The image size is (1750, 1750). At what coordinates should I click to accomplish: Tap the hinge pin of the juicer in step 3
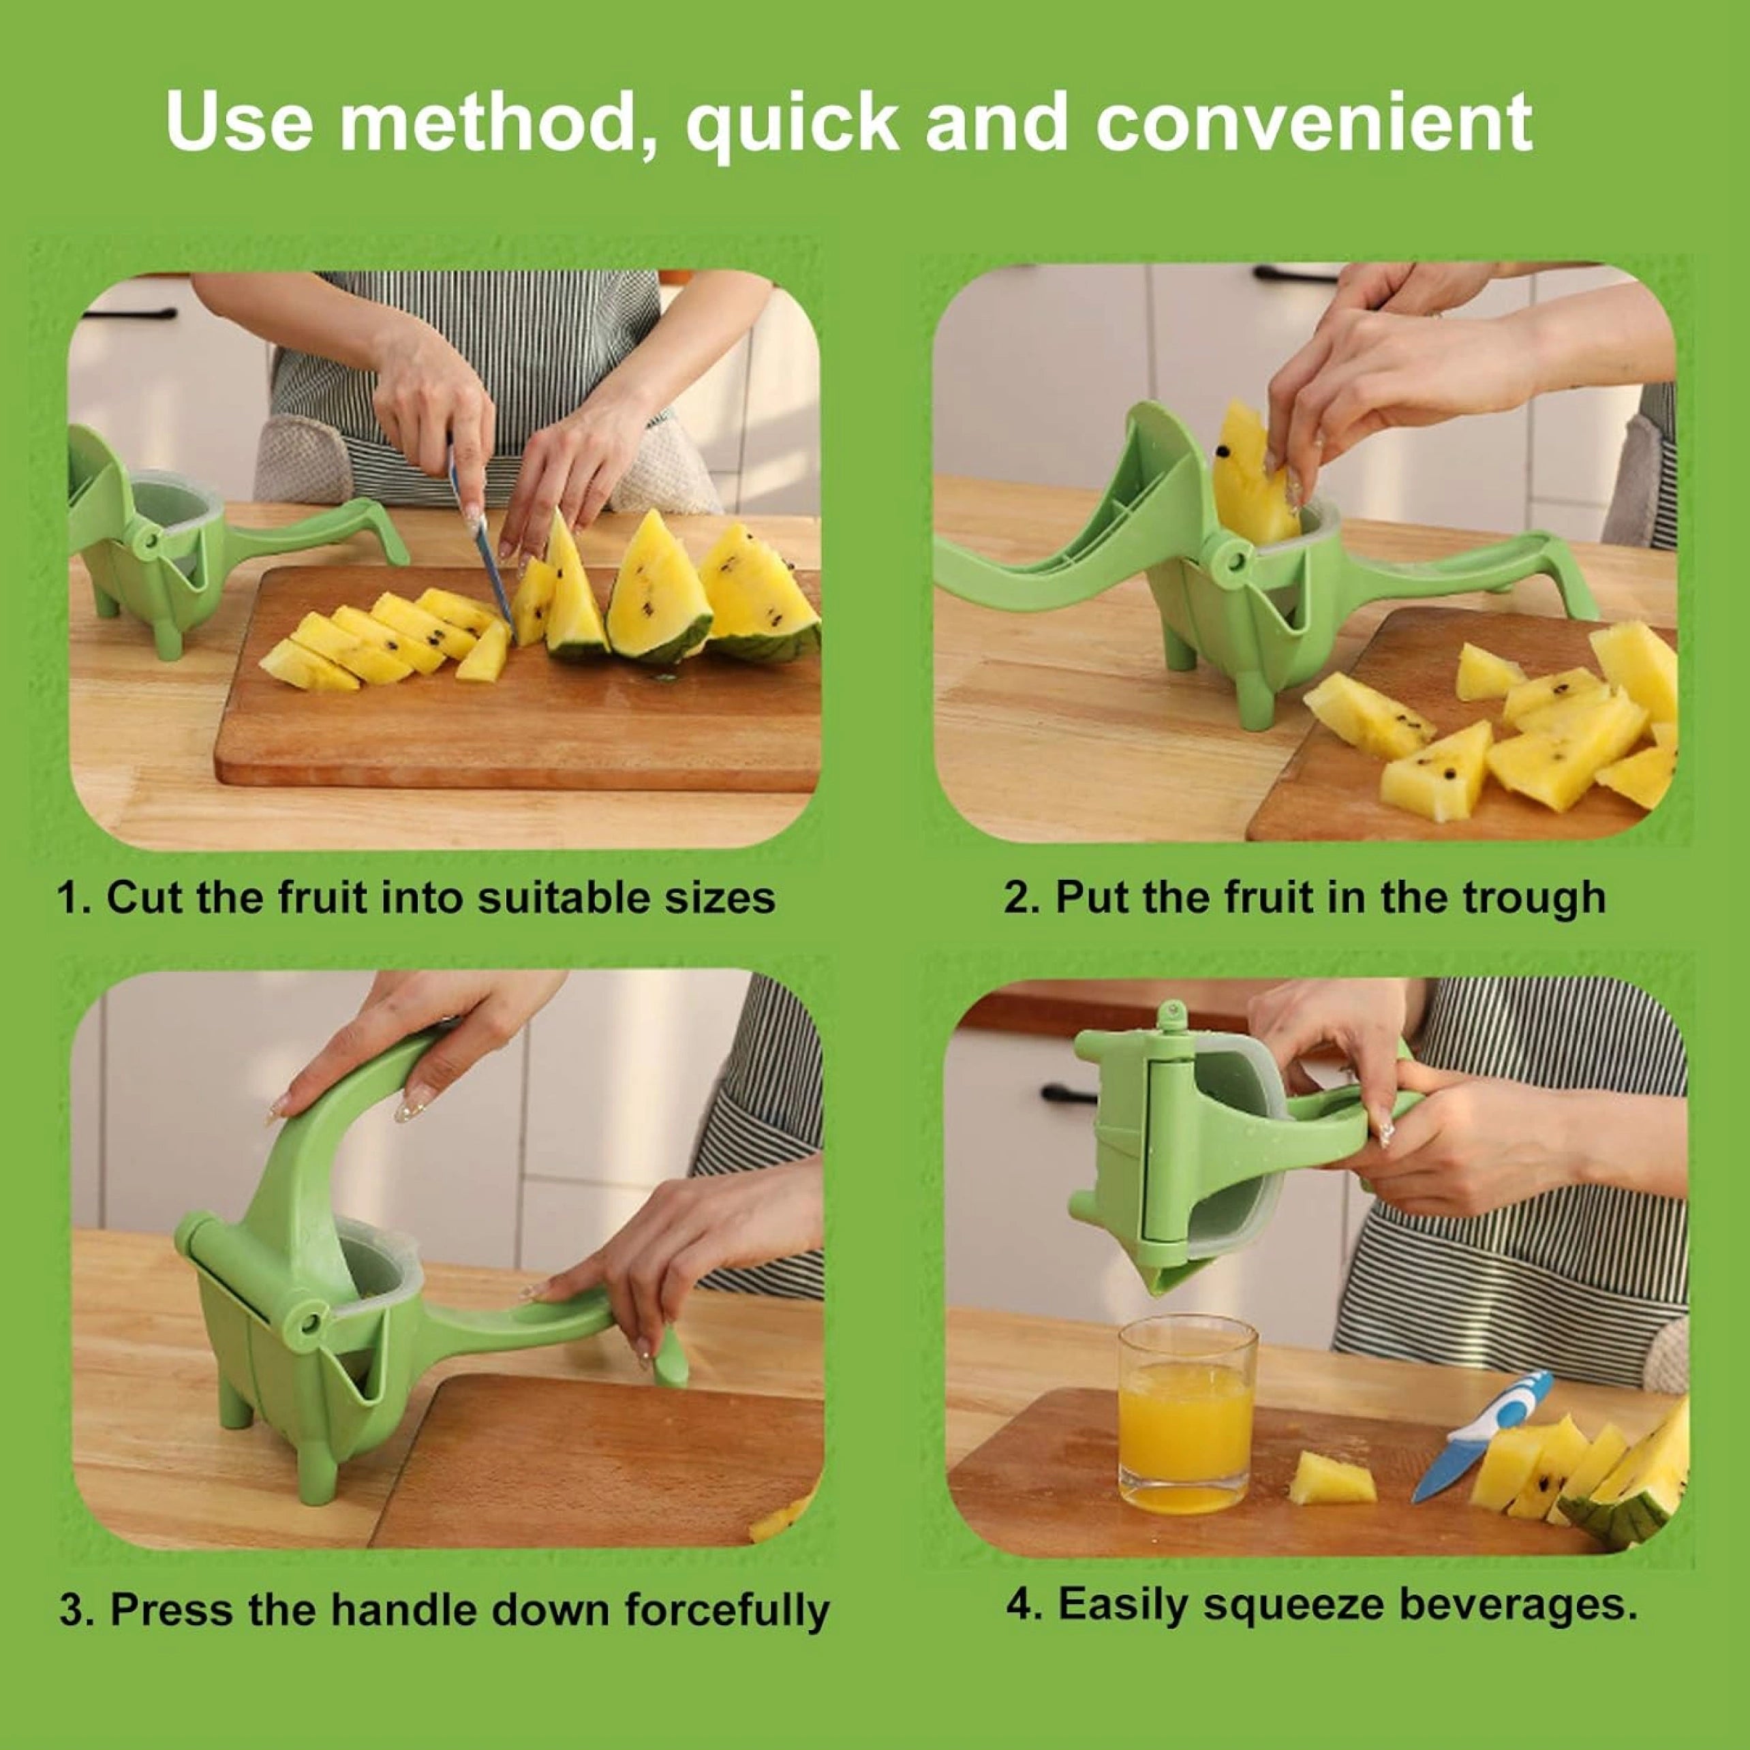pos(313,1323)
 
